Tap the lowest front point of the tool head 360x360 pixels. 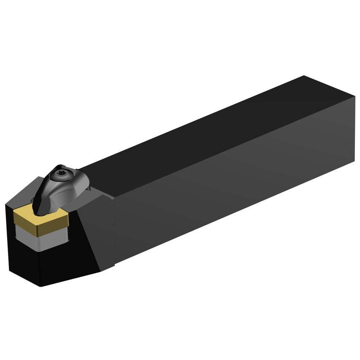(x=40, y=286)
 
